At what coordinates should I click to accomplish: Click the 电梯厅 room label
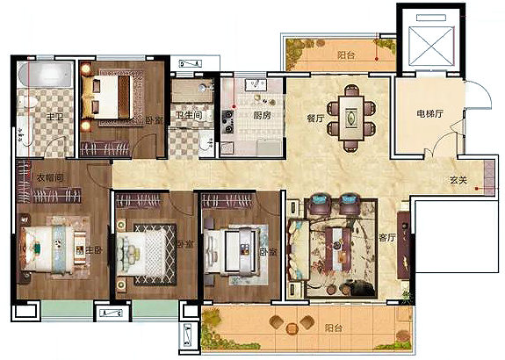[430, 113]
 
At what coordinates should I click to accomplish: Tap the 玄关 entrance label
[458, 180]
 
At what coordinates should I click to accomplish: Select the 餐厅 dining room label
[315, 119]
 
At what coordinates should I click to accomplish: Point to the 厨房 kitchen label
[262, 115]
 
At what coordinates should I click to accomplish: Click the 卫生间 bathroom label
[189, 115]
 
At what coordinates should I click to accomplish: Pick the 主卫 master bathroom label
[54, 117]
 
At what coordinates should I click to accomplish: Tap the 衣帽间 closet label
[50, 177]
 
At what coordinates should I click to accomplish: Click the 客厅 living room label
[386, 238]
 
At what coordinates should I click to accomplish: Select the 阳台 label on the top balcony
[346, 55]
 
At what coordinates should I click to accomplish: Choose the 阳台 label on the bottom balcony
[334, 328]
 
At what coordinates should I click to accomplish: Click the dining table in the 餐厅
[351, 119]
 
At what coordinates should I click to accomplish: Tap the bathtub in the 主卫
[45, 75]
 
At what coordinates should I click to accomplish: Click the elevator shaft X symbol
[431, 47]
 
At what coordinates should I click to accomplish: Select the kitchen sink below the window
[256, 85]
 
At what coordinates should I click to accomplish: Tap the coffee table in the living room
[337, 249]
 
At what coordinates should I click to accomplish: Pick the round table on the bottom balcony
[292, 328]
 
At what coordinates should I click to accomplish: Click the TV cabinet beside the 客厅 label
[403, 245]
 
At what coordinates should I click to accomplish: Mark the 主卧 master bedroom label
[94, 250]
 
